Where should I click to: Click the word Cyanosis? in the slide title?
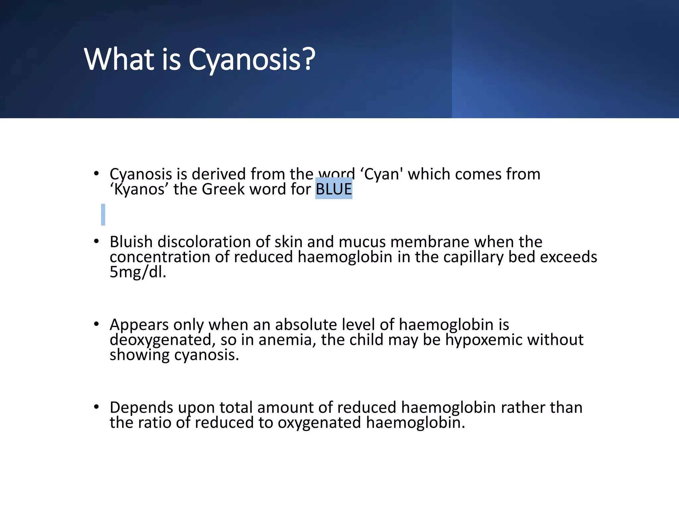click(x=252, y=60)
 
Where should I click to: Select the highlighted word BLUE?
click(x=334, y=189)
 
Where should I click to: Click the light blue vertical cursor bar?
click(x=103, y=215)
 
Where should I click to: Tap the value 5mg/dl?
click(x=138, y=272)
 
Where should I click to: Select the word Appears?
click(x=139, y=325)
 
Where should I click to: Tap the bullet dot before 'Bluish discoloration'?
click(x=96, y=242)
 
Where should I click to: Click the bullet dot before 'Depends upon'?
click(x=96, y=407)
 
